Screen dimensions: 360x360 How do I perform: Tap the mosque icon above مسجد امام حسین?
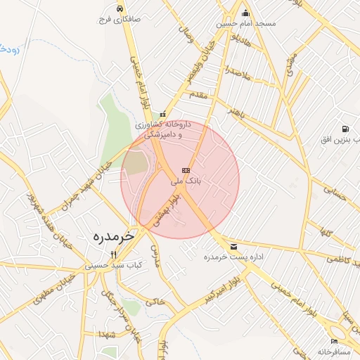[x=245, y=13]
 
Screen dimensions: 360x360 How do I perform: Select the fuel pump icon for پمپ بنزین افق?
[x=345, y=129]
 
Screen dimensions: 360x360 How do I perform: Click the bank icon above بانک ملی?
[x=186, y=170]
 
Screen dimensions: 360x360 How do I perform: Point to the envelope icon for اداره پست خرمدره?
[x=233, y=246]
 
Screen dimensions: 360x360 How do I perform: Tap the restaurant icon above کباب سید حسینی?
[x=113, y=255]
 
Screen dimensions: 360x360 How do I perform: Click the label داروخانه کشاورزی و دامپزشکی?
[x=163, y=129]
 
